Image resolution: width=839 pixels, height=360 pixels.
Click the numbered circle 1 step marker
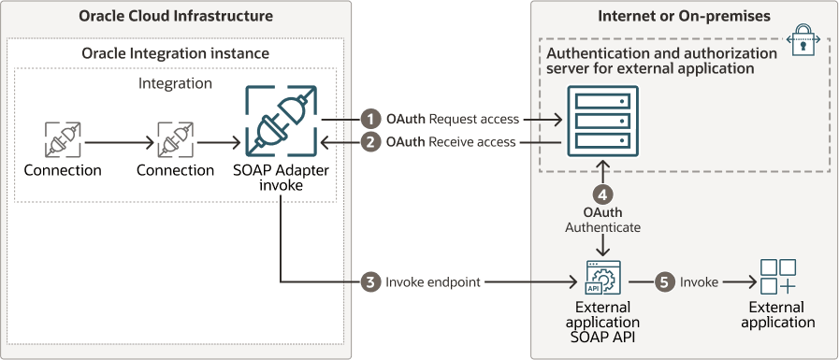[370, 120]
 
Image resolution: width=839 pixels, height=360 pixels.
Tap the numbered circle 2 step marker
[370, 142]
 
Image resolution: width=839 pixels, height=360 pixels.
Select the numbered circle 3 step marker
[370, 281]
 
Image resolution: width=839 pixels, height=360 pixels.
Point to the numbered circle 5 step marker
[665, 281]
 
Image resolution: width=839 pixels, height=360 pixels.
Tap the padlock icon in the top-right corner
[807, 38]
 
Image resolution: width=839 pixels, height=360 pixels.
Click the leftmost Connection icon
[63, 139]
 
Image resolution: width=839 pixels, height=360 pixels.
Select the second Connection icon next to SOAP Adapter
[176, 139]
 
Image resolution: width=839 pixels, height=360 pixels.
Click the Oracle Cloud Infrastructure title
[176, 16]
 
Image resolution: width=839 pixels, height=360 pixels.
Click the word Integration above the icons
[175, 83]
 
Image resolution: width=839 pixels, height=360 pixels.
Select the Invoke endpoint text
[433, 281]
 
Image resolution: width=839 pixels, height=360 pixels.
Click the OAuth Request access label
[452, 120]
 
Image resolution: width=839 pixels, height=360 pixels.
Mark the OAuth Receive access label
[452, 142]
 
